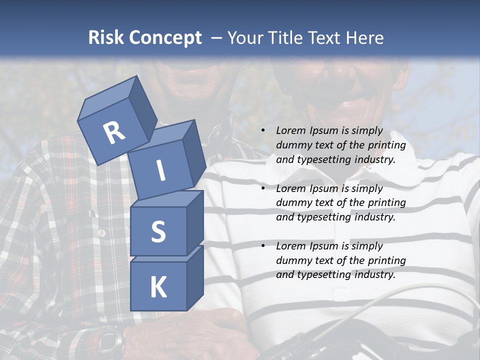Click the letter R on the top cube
[x=114, y=132]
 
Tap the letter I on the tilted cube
[x=161, y=171]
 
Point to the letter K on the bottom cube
[x=158, y=287]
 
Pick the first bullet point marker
[x=263, y=131]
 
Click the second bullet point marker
[x=263, y=188]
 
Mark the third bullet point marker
[x=263, y=246]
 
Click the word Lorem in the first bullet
[x=289, y=131]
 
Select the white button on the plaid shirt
[x=102, y=233]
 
